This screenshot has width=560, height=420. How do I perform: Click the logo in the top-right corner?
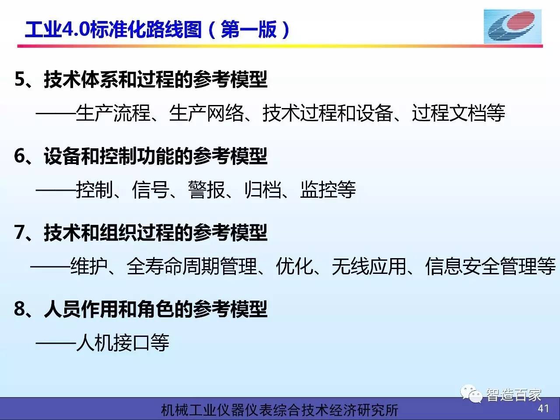click(513, 26)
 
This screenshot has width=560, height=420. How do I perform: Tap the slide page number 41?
click(543, 408)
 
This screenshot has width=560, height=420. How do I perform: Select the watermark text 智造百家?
click(514, 395)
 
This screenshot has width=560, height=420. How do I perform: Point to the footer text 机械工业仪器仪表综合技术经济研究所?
click(280, 410)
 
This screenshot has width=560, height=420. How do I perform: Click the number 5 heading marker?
click(20, 79)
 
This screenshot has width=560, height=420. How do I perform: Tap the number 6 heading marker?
click(20, 156)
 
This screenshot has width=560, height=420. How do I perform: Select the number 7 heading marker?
click(20, 232)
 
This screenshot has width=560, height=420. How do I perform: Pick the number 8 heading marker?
click(20, 308)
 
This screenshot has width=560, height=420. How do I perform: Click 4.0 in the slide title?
click(76, 29)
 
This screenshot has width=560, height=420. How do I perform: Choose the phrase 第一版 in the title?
click(249, 29)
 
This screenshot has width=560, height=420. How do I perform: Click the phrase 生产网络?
click(206, 113)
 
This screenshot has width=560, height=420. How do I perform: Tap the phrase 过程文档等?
click(458, 113)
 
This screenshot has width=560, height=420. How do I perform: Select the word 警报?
click(206, 189)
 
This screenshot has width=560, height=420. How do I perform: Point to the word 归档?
click(262, 189)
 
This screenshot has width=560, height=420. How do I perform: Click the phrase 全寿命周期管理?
click(192, 266)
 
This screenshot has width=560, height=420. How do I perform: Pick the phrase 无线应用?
click(369, 266)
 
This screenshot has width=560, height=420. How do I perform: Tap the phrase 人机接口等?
click(122, 343)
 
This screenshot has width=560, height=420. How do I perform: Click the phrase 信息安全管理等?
click(490, 266)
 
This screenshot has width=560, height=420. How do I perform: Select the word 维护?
click(89, 266)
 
